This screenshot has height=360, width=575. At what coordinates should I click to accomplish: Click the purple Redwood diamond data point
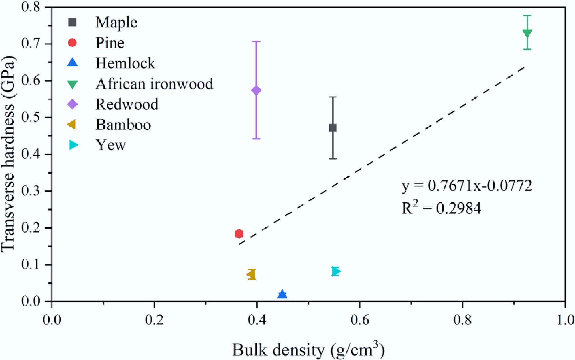pos(256,91)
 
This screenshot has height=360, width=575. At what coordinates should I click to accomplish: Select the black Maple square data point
pos(333,128)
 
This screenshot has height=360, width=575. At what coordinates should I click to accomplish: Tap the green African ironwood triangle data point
pos(527,34)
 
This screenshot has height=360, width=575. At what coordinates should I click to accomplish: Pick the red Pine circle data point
pos(239,234)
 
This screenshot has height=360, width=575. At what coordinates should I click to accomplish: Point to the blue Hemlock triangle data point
pos(282,294)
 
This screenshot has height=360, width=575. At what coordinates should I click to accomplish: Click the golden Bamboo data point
pos(251,274)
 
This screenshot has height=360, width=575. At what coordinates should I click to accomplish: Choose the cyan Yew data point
pos(336,271)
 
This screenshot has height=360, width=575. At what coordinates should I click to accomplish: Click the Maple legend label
pos(116,22)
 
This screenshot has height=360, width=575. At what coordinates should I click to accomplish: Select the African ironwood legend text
pos(154,84)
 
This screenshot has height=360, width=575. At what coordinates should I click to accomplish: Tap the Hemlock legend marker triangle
pos(73,63)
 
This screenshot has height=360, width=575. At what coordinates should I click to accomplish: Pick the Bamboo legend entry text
pos(123,125)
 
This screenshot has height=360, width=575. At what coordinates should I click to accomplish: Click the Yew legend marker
pos(73,145)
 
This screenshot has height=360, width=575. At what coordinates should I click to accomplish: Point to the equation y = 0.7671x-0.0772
pos(467,186)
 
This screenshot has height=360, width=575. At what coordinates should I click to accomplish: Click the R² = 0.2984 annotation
pos(441,208)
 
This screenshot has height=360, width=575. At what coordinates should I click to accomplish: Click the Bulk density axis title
pos(308,350)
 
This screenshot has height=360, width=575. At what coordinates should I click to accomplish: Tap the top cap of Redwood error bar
pos(256,42)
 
